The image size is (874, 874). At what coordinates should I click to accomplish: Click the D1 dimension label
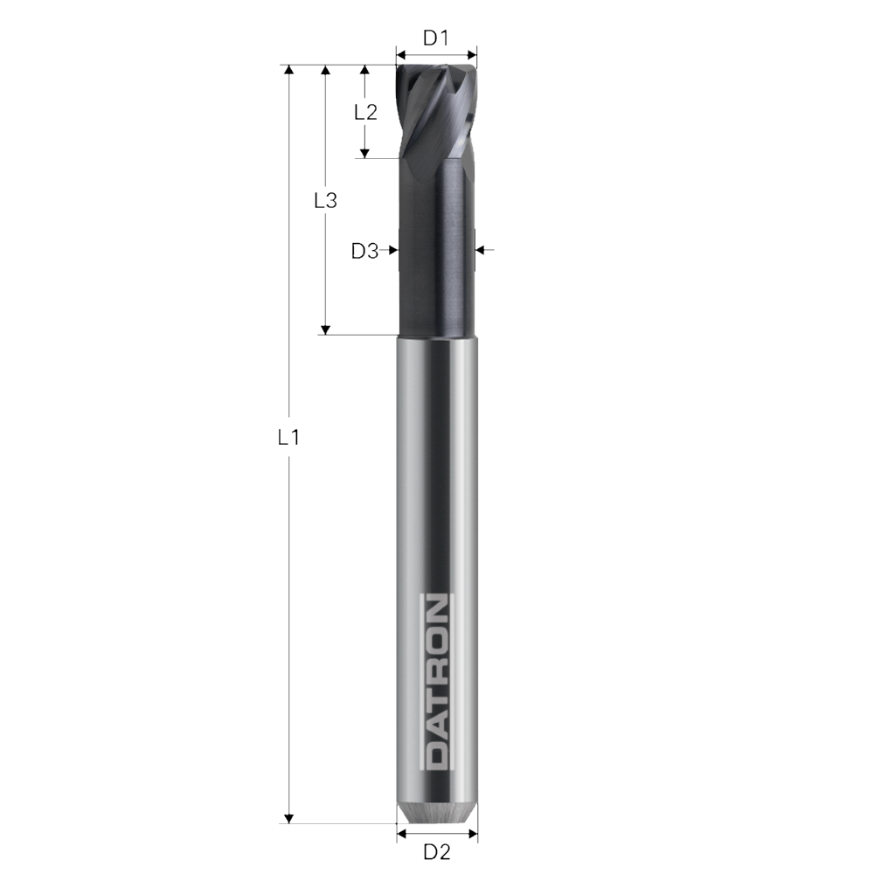point(435,38)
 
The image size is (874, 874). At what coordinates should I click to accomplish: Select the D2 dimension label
point(436,851)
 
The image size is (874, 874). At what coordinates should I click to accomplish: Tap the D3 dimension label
point(364,252)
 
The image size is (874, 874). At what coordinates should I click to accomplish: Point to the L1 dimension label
point(288,438)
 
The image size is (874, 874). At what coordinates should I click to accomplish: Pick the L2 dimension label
point(365,112)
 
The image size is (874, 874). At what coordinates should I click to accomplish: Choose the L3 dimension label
point(325,200)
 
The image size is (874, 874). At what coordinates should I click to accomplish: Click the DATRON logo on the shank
point(436,683)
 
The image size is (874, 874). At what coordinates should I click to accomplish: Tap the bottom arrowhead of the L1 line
point(288,817)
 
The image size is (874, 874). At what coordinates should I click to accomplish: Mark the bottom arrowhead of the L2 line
point(365,153)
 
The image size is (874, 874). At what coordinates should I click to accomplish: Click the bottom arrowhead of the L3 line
point(325,329)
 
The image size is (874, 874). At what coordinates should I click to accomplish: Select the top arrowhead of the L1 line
point(288,70)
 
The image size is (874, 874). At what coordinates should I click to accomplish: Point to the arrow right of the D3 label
point(391,250)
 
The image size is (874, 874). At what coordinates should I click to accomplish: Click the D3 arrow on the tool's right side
point(482,250)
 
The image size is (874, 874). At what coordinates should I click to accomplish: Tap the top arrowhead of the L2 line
point(365,70)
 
